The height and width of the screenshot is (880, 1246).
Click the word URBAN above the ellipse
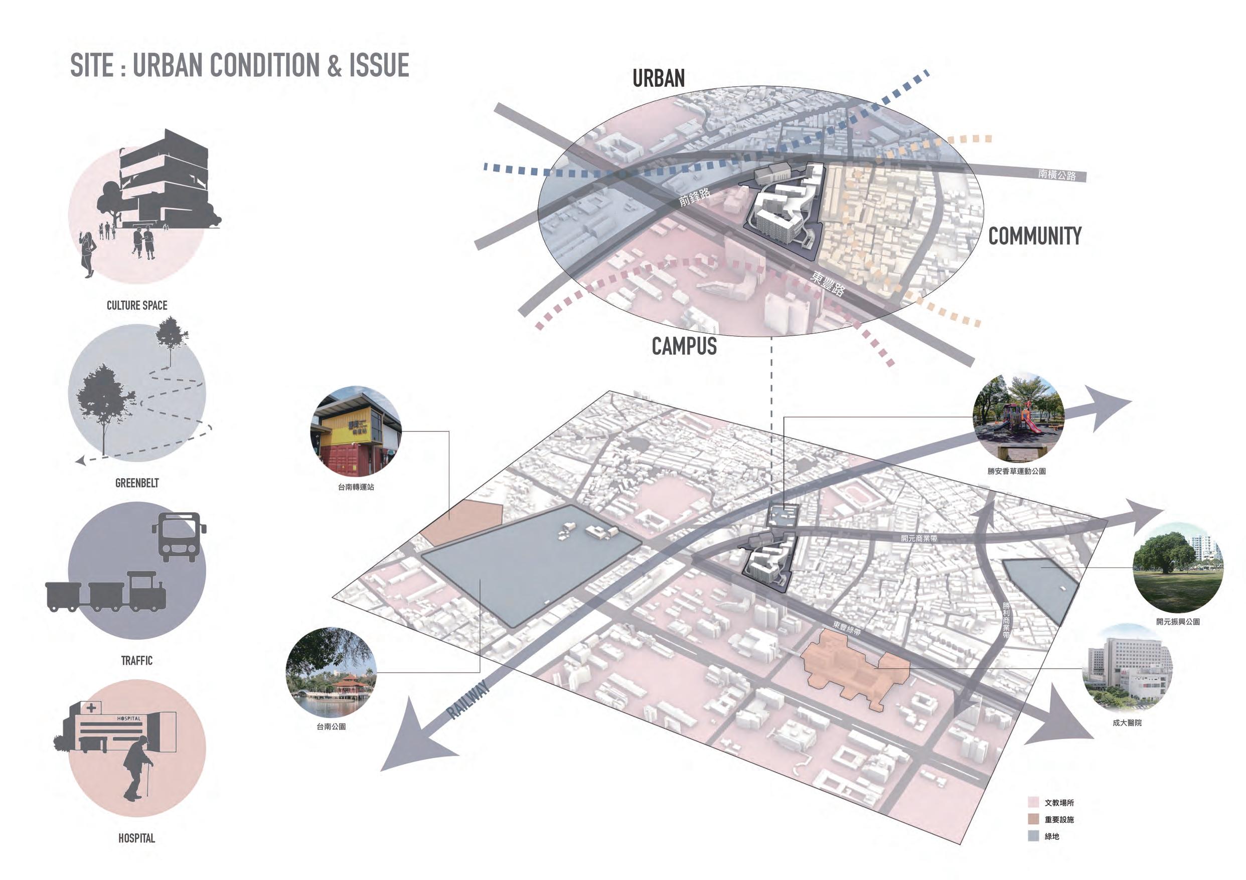pos(658,79)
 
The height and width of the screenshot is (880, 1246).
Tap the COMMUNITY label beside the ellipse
pos(1034,236)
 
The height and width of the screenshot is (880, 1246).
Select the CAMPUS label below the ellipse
pos(684,346)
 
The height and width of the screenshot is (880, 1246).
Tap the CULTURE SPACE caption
pos(137,306)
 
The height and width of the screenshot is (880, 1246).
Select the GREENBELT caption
pos(137,483)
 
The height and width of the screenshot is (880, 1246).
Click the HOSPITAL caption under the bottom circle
pos(137,838)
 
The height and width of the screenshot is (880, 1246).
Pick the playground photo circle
pos(1018,417)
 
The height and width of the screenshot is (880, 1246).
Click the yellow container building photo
pos(356,431)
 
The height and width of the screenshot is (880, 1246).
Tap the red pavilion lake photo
pos(331,673)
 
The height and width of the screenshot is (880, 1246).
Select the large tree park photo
pos(1178,568)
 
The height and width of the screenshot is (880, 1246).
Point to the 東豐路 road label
pos(828,283)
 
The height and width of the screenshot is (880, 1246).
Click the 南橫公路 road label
pos(1056,175)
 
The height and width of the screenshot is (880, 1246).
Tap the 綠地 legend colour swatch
pos(1033,836)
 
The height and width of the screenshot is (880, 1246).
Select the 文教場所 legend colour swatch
pos(1033,802)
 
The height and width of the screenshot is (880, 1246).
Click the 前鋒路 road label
pos(695,197)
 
